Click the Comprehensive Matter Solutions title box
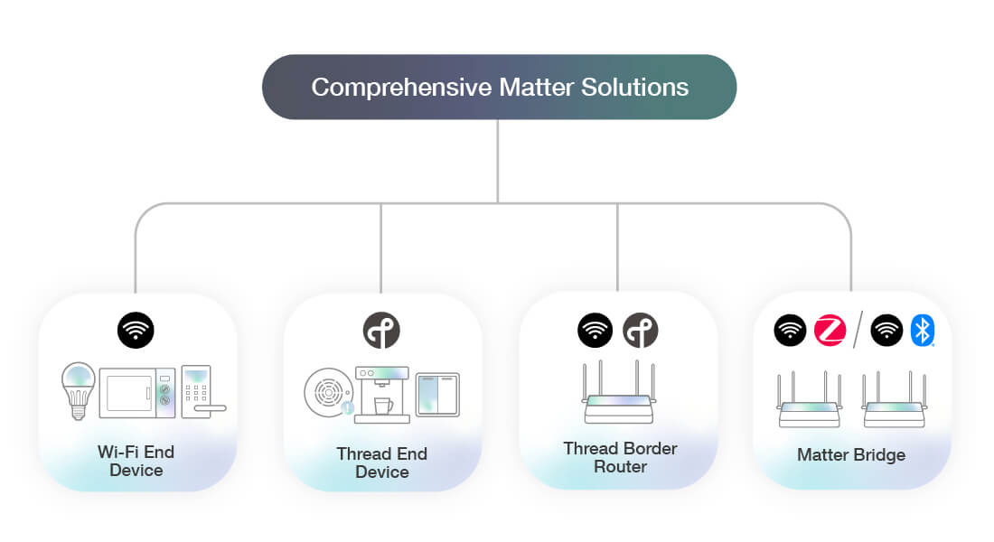(499, 87)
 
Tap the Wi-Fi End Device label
(136, 461)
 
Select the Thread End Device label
(381, 463)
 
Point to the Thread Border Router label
(620, 457)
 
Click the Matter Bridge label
(851, 454)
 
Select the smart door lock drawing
(199, 391)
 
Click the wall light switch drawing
(437, 395)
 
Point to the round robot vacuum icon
(327, 395)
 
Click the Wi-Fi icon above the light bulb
(136, 331)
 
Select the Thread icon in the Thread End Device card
(380, 331)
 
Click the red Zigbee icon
(830, 331)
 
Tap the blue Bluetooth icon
(923, 331)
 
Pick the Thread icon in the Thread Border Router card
(641, 331)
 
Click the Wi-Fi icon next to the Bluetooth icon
(886, 331)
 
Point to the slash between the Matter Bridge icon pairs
(858, 331)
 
